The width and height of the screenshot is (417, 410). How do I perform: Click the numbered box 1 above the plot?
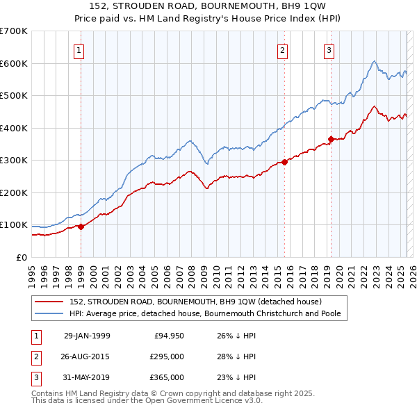coord(79,49)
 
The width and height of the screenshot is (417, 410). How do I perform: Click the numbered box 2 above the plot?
coord(283,49)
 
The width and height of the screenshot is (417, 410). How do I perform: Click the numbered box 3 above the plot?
coord(328,49)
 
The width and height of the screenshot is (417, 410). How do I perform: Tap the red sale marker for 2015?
coord(285,162)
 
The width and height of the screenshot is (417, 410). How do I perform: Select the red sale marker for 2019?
coord(331,139)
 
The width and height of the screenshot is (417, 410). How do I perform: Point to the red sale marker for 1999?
coord(81,227)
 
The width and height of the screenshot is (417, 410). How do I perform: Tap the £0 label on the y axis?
coord(22,257)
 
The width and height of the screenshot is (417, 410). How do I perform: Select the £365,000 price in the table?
coord(167,377)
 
